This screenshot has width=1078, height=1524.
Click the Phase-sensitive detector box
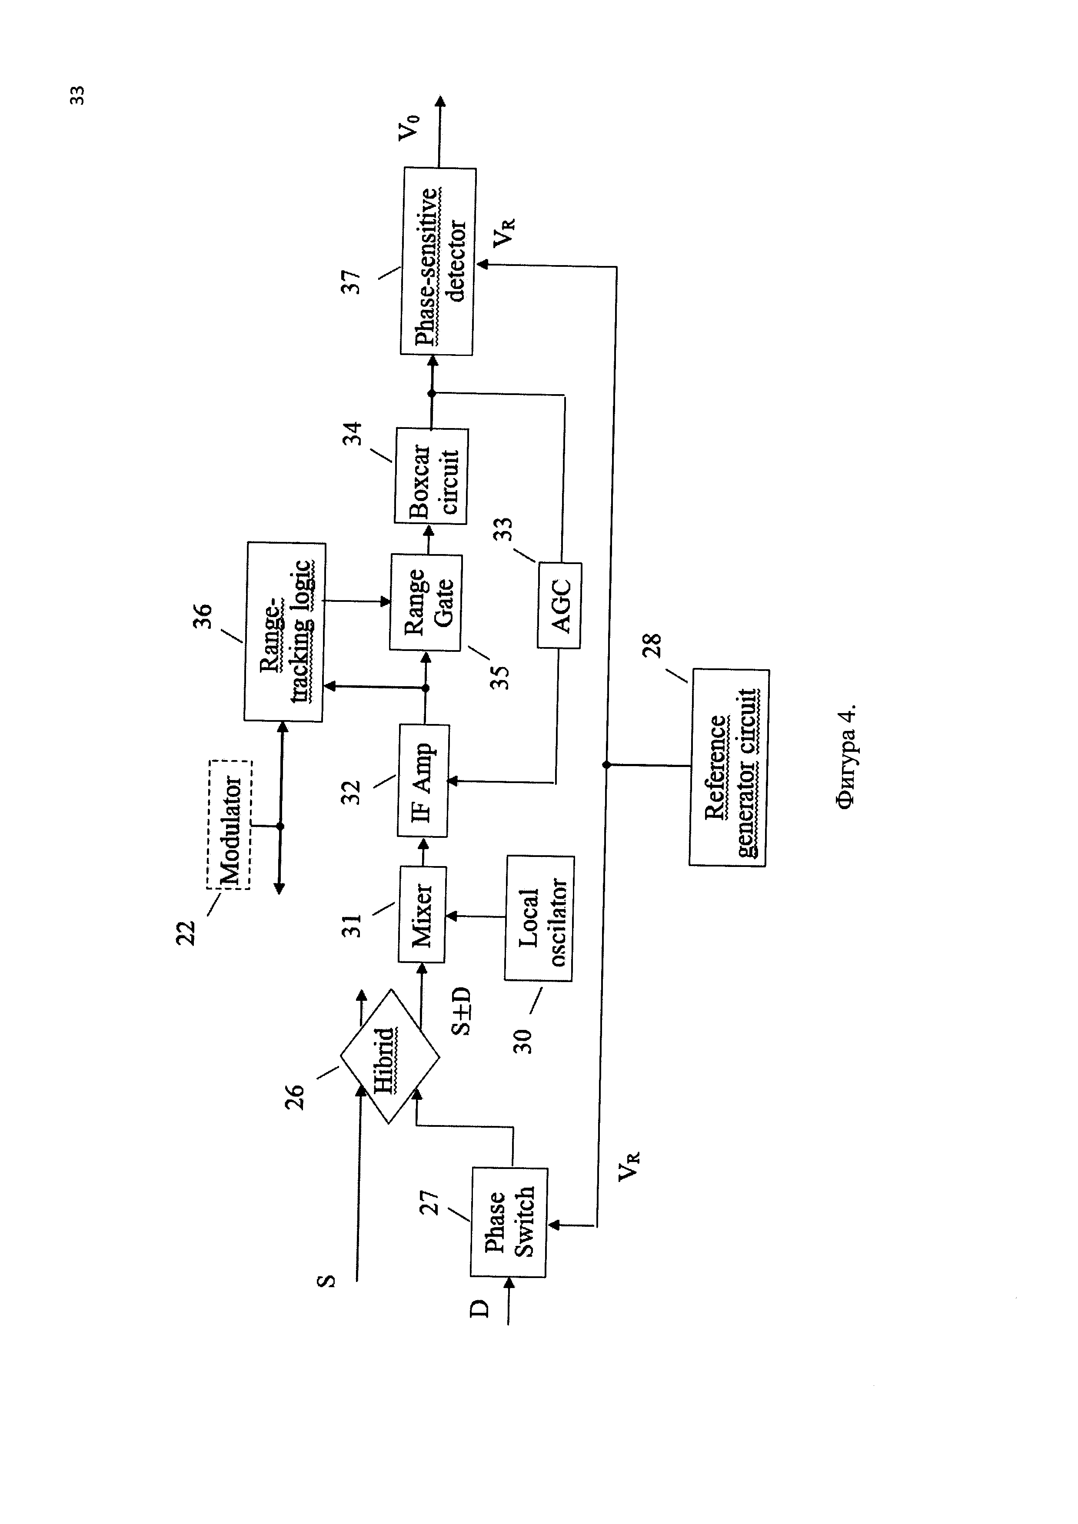[438, 262]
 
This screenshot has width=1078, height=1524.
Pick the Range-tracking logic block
[285, 632]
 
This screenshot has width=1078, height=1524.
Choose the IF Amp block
[423, 780]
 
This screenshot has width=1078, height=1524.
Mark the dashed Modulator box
[230, 824]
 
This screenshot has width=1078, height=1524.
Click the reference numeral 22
[186, 933]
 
